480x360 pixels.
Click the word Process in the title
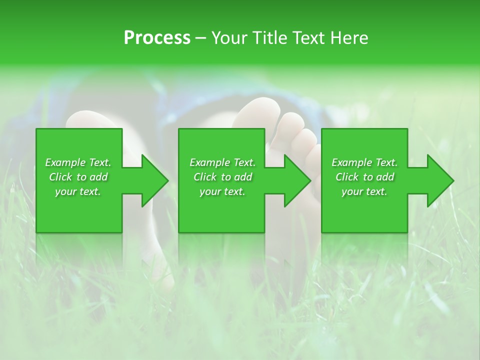tap(157, 38)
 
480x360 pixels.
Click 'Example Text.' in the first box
tap(78, 162)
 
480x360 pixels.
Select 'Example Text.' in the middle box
tap(222, 162)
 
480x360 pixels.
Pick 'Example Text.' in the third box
tap(364, 162)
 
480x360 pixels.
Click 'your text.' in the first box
tap(78, 191)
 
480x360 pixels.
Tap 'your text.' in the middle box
tap(222, 191)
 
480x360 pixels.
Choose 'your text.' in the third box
tap(364, 191)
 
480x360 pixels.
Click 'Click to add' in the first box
tap(78, 177)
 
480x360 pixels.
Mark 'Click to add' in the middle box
tap(222, 177)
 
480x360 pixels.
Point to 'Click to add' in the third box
tap(364, 177)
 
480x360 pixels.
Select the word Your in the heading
tap(229, 38)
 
